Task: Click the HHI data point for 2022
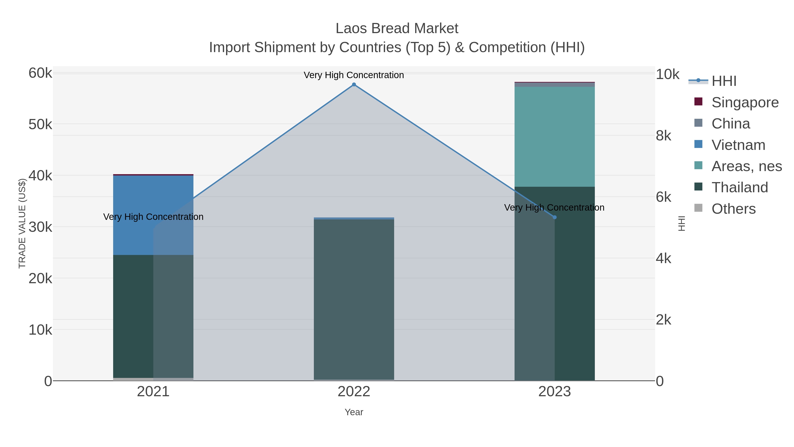[354, 85]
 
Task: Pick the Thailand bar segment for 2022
[354, 299]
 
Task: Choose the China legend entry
[730, 124]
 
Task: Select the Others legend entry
[733, 209]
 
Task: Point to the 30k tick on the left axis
[40, 227]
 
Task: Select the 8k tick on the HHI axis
[663, 136]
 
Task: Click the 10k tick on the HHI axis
[667, 74]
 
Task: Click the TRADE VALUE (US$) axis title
[22, 223]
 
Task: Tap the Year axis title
[354, 412]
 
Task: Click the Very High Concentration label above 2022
[354, 75]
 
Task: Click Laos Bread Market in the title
[397, 28]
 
